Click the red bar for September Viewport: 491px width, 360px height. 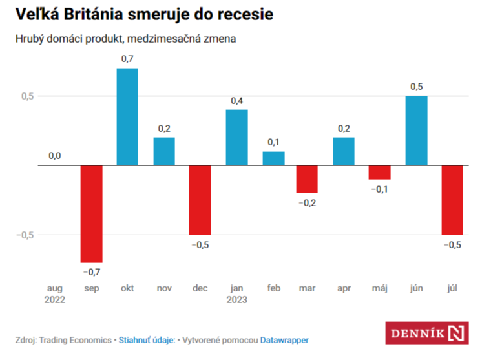click(x=91, y=214)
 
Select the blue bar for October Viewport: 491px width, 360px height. click(x=127, y=116)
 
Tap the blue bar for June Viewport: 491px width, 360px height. click(x=417, y=131)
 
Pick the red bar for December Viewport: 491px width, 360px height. click(x=200, y=200)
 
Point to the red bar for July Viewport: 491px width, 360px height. click(x=453, y=200)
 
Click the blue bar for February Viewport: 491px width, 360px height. click(x=273, y=158)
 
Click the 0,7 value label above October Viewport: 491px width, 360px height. click(x=127, y=59)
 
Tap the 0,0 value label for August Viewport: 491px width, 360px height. click(x=55, y=156)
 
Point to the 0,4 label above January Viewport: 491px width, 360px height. click(x=236, y=101)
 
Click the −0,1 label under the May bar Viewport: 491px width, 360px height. click(x=381, y=189)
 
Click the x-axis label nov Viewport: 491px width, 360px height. click(x=163, y=288)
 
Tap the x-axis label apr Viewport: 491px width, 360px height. click(x=344, y=288)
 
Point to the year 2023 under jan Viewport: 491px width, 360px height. click(x=236, y=299)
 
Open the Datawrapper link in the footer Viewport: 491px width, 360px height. click(x=284, y=339)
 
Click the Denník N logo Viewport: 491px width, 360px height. click(x=426, y=332)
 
